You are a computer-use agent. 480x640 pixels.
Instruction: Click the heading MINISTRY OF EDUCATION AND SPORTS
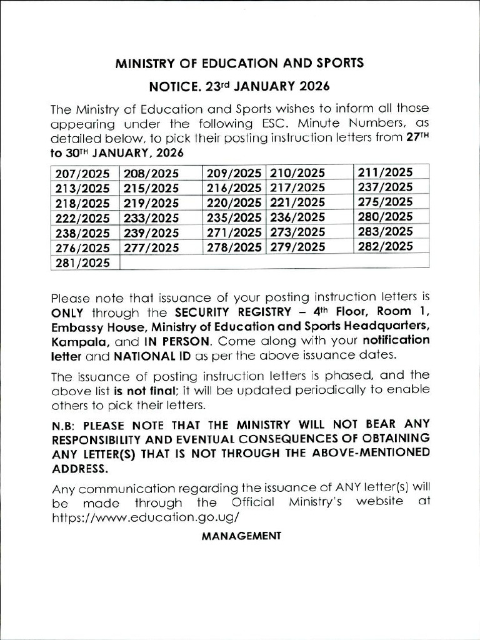point(239,63)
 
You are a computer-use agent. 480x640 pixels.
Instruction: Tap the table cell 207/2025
point(82,173)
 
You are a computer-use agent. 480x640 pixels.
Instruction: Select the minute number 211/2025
point(385,172)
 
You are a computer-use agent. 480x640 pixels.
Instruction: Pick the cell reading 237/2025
point(385,187)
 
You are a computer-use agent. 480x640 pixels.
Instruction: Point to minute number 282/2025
point(385,246)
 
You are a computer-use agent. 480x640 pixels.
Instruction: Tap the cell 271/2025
point(234,232)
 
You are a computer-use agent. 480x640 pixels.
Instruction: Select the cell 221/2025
point(297,202)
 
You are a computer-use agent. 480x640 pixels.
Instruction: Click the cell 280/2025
point(385,217)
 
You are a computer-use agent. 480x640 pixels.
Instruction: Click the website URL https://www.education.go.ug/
point(145,518)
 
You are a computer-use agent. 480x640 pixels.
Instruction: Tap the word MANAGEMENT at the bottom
point(241,536)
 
